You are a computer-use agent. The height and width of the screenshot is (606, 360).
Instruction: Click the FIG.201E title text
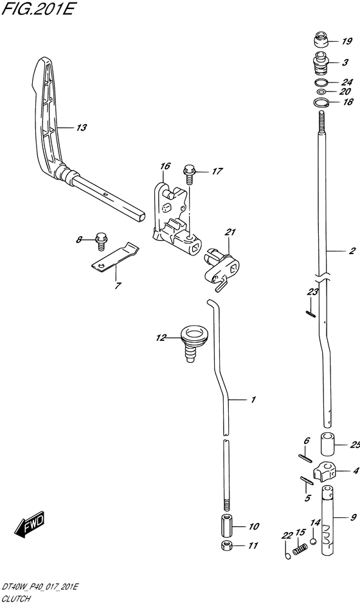(37, 8)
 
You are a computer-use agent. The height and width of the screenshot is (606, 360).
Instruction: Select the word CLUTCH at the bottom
(16, 599)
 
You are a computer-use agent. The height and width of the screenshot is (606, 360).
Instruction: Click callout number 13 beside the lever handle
(81, 127)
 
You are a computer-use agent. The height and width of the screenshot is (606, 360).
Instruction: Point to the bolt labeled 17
(189, 174)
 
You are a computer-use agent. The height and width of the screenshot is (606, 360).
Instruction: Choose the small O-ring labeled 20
(321, 91)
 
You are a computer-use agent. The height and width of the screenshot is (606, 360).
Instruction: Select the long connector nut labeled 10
(227, 525)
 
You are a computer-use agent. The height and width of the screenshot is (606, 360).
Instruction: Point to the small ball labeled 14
(313, 541)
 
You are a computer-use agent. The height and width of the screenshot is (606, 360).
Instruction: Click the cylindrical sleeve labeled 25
(327, 445)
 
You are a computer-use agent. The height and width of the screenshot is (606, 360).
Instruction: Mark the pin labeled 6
(305, 457)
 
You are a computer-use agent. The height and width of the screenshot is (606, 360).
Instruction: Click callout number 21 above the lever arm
(230, 232)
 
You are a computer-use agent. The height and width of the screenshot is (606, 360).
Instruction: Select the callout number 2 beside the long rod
(352, 251)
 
